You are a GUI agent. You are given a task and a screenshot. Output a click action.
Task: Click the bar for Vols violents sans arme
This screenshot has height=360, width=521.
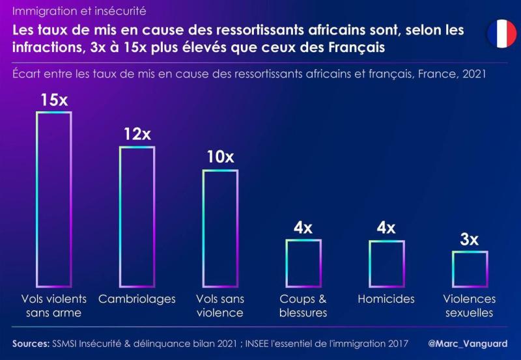(x=53, y=199)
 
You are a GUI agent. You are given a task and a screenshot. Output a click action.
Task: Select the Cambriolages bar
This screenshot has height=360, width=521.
(x=137, y=216)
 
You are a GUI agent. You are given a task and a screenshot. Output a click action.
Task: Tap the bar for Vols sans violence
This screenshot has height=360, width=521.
(x=220, y=228)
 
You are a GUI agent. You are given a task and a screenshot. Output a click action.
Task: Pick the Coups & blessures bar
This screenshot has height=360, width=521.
(x=303, y=263)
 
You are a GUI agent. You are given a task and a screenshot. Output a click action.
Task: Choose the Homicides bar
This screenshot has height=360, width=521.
(x=386, y=263)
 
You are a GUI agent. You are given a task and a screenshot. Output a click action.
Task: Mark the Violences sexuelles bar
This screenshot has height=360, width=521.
(x=470, y=269)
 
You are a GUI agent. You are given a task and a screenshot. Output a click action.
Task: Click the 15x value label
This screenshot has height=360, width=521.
(x=53, y=100)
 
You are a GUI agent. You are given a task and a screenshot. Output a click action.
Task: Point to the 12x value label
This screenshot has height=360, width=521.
(x=137, y=134)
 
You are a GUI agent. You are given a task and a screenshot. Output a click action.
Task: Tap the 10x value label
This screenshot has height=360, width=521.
(x=220, y=157)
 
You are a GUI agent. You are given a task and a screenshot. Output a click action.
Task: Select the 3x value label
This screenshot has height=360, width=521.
(x=470, y=239)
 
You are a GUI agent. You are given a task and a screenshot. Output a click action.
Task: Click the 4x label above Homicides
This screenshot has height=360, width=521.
(x=386, y=227)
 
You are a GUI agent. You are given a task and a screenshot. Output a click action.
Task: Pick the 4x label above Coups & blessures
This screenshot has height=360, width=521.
(x=303, y=227)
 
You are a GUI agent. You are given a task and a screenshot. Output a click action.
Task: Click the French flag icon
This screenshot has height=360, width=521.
(x=501, y=34)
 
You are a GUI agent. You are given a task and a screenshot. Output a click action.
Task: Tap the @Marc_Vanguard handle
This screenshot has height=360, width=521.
(x=468, y=343)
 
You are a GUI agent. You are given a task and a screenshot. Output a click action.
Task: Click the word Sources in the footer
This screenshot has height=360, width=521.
(x=31, y=343)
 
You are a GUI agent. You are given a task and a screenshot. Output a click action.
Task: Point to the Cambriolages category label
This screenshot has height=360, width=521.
(x=137, y=299)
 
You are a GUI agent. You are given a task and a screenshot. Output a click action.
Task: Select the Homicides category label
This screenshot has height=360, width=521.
(x=386, y=299)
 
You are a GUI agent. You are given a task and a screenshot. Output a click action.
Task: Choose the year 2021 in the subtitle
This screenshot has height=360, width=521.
(x=474, y=74)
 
